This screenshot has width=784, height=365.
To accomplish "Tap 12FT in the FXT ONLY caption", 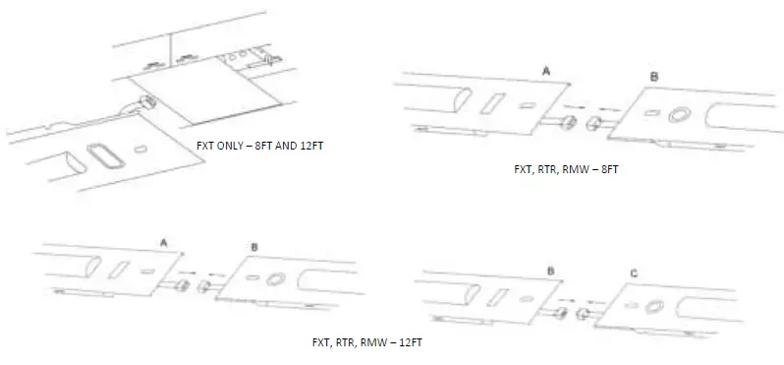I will (309, 146).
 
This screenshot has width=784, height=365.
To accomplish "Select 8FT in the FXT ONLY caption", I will (270, 146).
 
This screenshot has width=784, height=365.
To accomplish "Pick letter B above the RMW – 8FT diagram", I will (654, 77).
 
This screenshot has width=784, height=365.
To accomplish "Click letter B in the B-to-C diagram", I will (550, 268).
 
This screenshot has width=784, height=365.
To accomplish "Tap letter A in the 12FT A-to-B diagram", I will (161, 240).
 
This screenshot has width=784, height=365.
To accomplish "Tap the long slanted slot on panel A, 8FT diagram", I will (494, 103).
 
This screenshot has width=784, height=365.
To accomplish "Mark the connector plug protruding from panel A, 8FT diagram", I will (568, 123).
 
